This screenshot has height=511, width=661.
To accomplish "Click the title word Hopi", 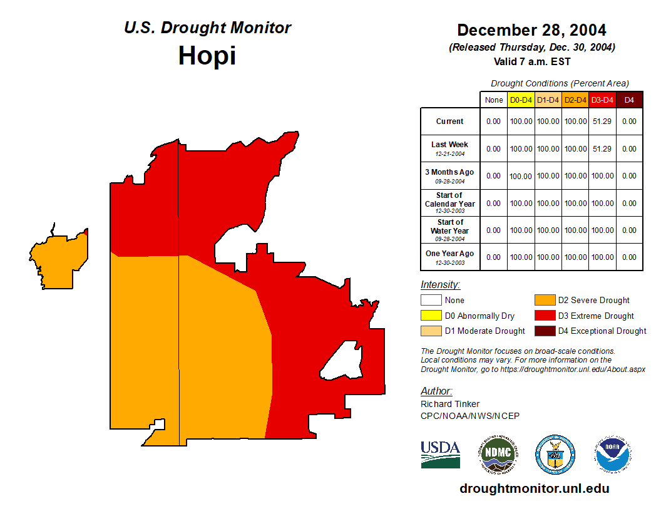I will [x=207, y=56].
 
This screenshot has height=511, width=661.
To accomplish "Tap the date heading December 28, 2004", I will [x=531, y=30].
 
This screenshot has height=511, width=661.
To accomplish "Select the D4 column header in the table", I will [x=629, y=100].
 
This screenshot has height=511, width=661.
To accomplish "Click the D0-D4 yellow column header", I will [x=521, y=100].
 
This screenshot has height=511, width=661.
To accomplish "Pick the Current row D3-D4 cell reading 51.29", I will [x=602, y=121].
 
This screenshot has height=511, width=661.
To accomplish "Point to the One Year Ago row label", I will [x=449, y=254].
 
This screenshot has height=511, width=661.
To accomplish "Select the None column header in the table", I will [x=493, y=100].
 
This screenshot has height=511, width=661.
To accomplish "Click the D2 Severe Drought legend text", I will [x=593, y=301].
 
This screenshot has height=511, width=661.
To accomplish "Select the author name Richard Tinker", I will [x=450, y=404].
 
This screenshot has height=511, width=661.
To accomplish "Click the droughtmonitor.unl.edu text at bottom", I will [x=534, y=488].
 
